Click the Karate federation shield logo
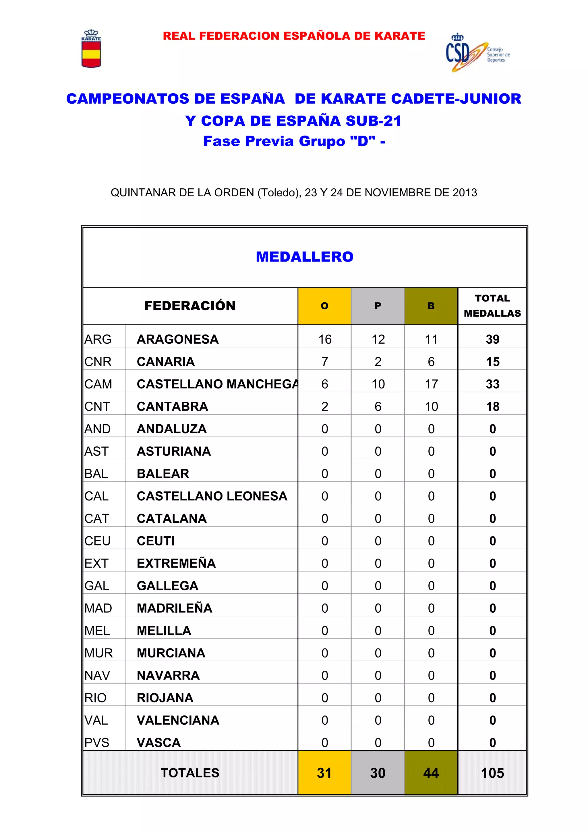(x=91, y=49)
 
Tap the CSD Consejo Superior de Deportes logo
(x=477, y=53)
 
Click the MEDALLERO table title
(x=304, y=257)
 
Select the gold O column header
(x=324, y=306)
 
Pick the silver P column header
(x=378, y=306)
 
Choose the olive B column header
(x=431, y=306)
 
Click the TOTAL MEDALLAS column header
(x=492, y=306)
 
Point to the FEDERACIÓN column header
(x=190, y=306)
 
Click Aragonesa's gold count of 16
(x=325, y=340)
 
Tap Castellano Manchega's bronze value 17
(x=431, y=384)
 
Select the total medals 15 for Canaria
(x=492, y=362)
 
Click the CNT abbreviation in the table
(x=97, y=407)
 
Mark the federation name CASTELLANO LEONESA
(x=212, y=496)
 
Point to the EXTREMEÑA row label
(x=176, y=564)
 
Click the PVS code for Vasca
(x=97, y=742)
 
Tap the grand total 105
(x=492, y=773)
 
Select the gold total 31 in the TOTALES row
(x=324, y=773)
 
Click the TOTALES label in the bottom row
(x=190, y=773)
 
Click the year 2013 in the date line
(x=465, y=192)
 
